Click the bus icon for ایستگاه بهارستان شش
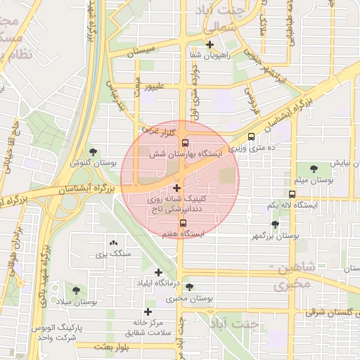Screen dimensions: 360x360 pyautogui.click(x=184, y=141)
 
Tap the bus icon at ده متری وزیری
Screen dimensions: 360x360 pyautogui.click(x=252, y=139)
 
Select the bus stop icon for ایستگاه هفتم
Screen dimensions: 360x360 pyautogui.click(x=184, y=224)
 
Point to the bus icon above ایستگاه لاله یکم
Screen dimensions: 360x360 pyautogui.click(x=291, y=194)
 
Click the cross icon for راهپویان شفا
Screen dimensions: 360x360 pyautogui.click(x=210, y=44)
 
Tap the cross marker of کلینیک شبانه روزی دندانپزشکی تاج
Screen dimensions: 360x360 pyautogui.click(x=176, y=188)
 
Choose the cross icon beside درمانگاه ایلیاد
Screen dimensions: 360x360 pyautogui.click(x=158, y=272)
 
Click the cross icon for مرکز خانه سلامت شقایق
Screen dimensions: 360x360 pyautogui.click(x=148, y=311)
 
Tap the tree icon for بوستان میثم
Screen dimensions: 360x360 pyautogui.click(x=313, y=169)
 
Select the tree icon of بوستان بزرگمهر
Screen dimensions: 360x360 pyautogui.click(x=274, y=225)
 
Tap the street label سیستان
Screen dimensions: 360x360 pyautogui.click(x=139, y=52)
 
